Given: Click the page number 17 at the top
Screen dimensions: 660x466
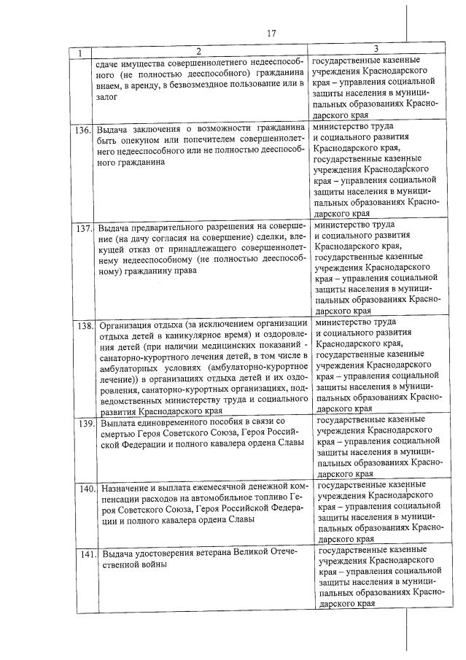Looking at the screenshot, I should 271,33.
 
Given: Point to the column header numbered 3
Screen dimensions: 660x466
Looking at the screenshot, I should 376,49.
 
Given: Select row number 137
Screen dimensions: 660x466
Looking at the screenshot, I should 84,228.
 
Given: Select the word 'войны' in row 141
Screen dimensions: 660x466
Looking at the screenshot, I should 155,564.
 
